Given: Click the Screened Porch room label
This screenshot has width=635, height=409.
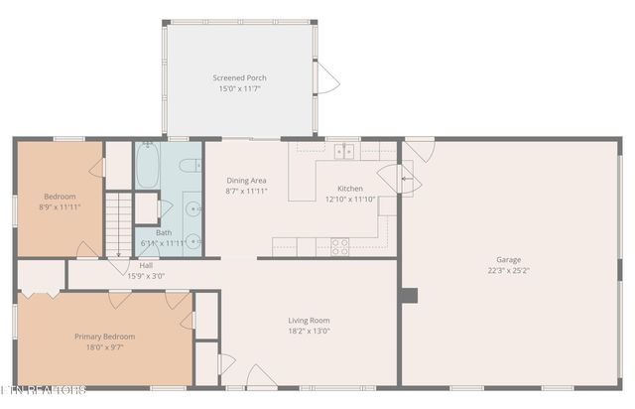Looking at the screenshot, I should (239, 77).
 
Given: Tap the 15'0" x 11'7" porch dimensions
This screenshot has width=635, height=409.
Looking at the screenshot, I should (239, 89).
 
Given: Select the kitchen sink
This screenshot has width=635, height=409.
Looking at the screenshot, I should (344, 151).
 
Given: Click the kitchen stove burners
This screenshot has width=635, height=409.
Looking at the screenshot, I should (339, 246).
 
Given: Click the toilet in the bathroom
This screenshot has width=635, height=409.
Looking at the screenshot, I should (191, 165).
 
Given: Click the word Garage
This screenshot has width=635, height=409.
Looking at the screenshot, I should (508, 259).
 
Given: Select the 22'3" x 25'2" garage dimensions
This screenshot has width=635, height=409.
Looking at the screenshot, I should (508, 271).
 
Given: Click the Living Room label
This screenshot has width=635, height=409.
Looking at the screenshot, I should (309, 320).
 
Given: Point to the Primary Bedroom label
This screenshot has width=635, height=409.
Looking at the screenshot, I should (105, 337).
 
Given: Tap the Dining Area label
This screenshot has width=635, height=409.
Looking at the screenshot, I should (245, 180).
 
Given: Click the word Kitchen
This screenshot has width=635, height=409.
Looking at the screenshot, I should (350, 188).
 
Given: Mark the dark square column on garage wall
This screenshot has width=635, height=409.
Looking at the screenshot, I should (409, 295).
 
